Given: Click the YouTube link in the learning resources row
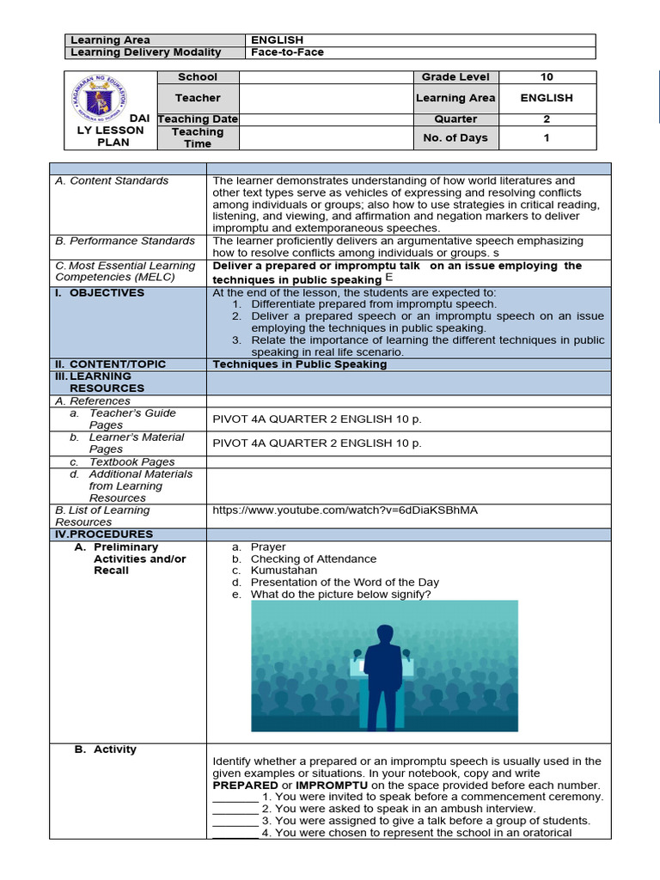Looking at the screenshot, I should (x=345, y=510).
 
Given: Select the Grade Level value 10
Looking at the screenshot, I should (x=546, y=77).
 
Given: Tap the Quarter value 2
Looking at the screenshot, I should (x=546, y=119).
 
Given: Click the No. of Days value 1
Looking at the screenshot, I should (x=546, y=137).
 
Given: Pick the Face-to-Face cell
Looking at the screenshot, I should (x=287, y=52).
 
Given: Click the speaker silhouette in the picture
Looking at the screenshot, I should (x=383, y=665).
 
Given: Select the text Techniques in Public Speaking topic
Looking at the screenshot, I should (x=299, y=364).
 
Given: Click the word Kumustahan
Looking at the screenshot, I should (x=284, y=571).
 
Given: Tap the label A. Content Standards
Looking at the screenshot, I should (x=112, y=181).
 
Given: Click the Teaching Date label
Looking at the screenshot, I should (x=198, y=119).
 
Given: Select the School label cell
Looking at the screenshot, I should (x=198, y=77).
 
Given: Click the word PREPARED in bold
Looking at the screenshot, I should (x=245, y=785).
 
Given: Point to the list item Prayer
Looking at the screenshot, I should (x=268, y=547).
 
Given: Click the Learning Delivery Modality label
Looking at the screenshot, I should (x=145, y=52).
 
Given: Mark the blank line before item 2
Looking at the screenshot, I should (x=235, y=810).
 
